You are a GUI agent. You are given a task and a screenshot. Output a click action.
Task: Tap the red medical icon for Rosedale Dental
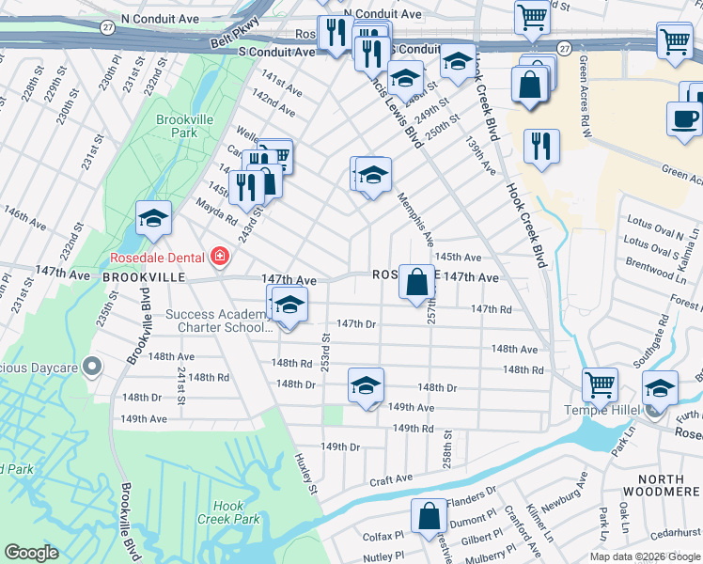click(220, 257)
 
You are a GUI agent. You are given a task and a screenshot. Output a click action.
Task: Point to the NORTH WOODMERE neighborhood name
click(657, 486)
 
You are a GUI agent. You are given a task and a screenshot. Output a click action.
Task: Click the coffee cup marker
click(683, 118)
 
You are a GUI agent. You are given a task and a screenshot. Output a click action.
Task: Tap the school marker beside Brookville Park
click(153, 220)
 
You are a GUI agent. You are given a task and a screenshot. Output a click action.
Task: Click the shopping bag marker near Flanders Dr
click(429, 516)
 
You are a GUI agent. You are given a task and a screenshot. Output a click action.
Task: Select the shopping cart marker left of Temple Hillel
click(600, 384)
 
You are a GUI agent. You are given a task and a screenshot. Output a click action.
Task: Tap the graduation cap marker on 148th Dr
click(367, 384)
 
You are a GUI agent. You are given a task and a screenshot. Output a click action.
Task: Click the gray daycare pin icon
click(92, 365)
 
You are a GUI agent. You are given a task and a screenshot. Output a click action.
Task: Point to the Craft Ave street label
click(391, 478)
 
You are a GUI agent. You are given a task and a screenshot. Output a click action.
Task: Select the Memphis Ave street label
click(414, 220)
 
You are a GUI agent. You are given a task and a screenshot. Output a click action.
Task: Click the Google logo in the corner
click(31, 552)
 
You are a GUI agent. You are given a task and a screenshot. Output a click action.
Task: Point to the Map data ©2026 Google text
click(644, 556)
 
